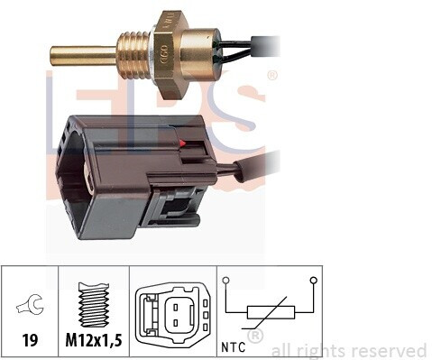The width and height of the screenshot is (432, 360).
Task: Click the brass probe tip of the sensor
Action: pyautogui.click(x=83, y=56)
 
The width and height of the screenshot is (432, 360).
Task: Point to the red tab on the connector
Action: pyautogui.click(x=181, y=143)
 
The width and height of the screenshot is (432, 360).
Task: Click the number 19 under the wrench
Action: pyautogui.click(x=30, y=340)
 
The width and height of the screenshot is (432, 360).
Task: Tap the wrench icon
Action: pyautogui.click(x=30, y=304)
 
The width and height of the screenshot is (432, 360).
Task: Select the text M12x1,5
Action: pyautogui.click(x=94, y=340)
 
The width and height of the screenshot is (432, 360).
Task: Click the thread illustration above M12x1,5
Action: pyautogui.click(x=94, y=304)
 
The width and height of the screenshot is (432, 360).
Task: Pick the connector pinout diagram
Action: pyautogui.click(x=172, y=315)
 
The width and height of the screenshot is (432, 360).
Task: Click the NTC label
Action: pyautogui.click(x=234, y=347)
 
